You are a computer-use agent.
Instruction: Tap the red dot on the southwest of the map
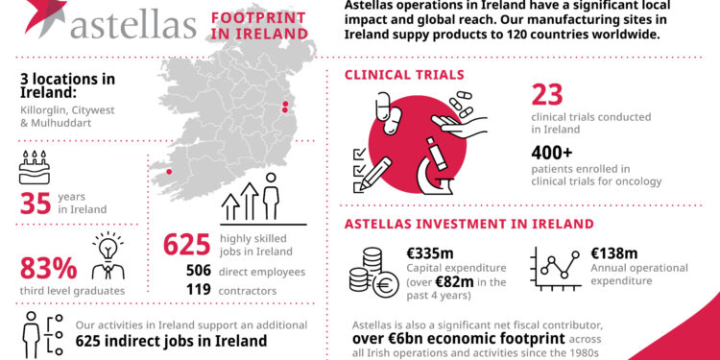click(171, 174)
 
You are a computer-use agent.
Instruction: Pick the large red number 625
click(186, 245)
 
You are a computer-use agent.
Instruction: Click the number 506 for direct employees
click(201, 270)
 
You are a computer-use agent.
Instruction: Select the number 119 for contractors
click(200, 290)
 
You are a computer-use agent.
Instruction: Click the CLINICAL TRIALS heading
click(404, 75)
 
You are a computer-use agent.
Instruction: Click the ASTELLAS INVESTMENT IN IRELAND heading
click(470, 225)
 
